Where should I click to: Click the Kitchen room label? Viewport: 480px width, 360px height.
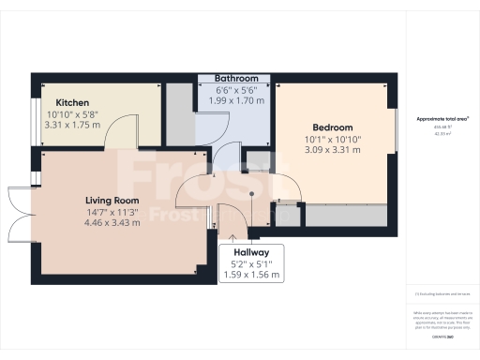point(72,102)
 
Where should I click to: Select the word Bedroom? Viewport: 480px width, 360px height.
point(333,127)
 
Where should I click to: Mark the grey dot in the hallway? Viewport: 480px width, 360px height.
point(252,195)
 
